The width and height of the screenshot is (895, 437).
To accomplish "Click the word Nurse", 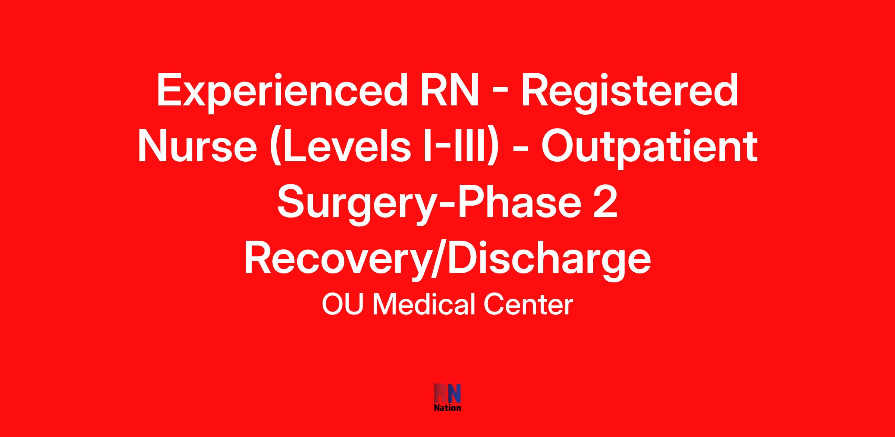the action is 197,146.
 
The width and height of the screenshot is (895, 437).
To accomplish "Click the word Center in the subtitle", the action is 528,305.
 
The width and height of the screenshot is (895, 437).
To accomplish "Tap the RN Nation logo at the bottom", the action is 447,398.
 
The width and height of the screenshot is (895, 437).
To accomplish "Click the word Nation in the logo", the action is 447,408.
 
